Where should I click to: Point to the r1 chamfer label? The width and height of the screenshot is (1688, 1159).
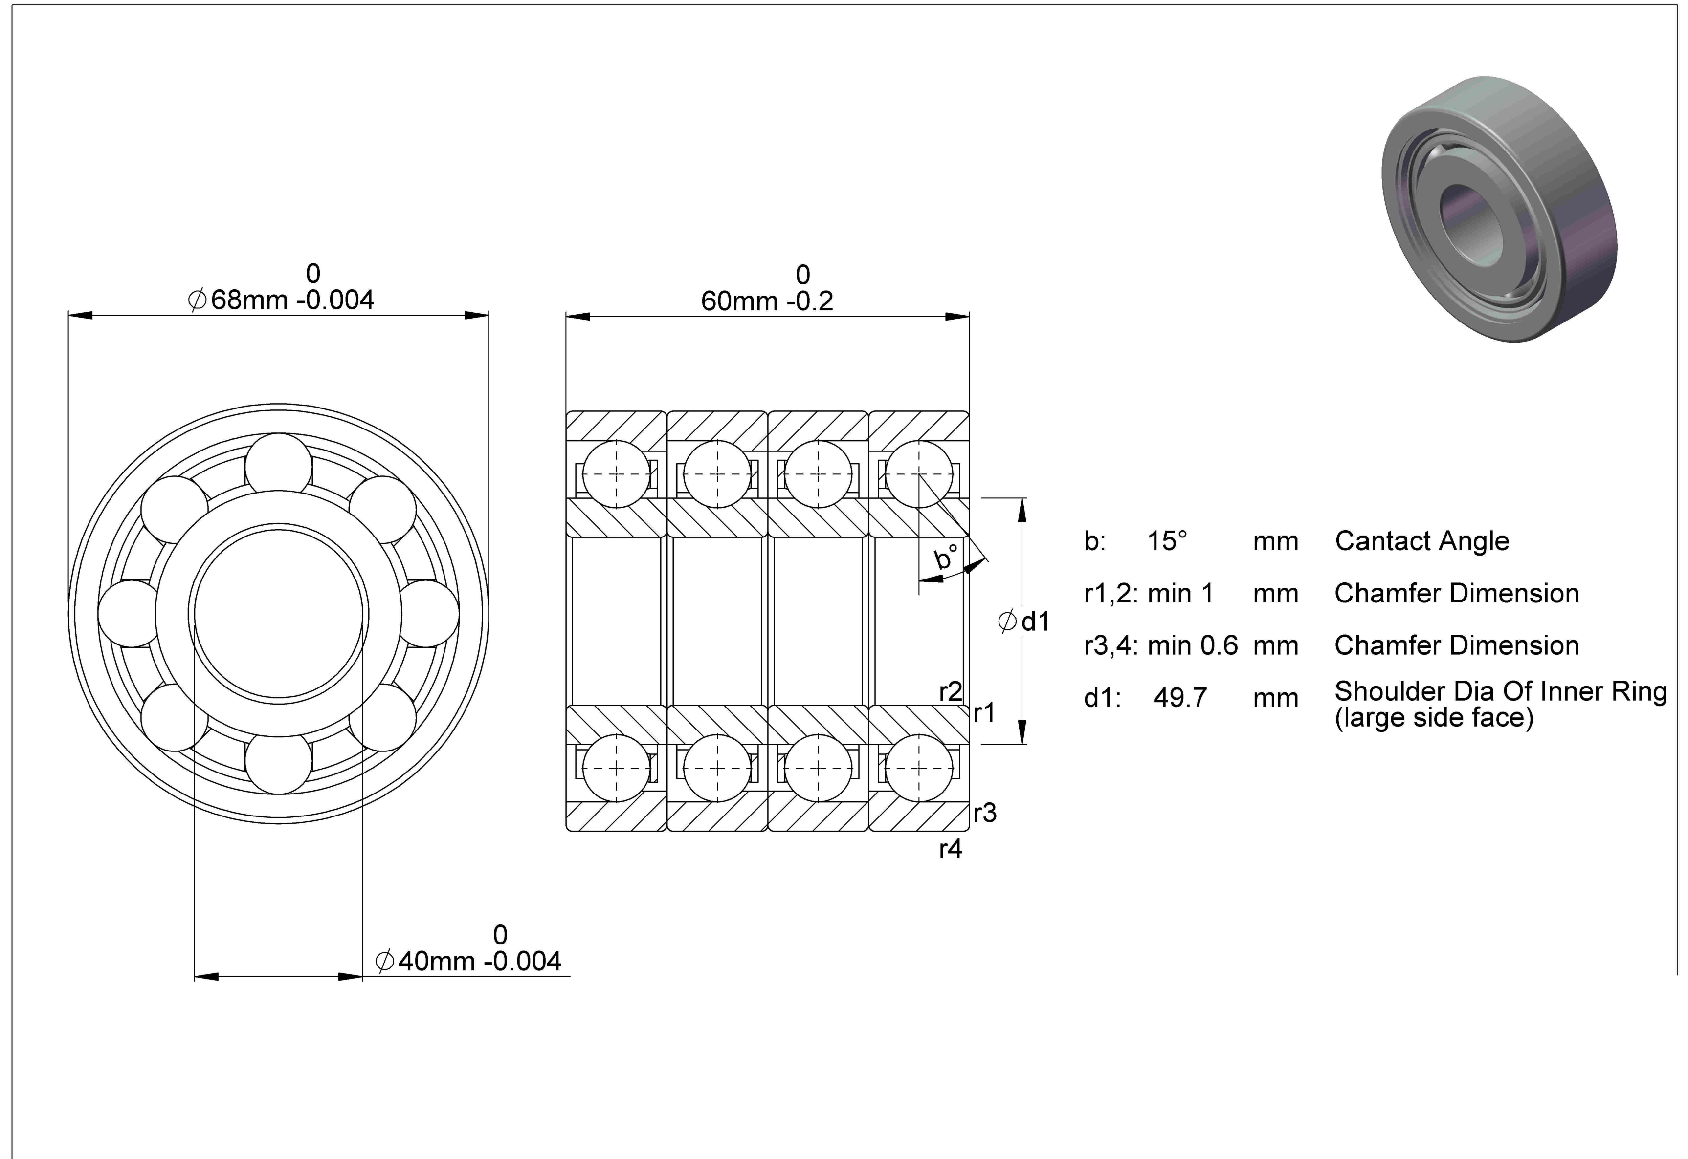tap(985, 713)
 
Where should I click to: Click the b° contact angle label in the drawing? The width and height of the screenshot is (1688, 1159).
tap(946, 556)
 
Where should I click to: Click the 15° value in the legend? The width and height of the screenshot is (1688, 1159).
tap(1167, 541)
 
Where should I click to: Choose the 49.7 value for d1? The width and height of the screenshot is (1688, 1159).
tap(1180, 698)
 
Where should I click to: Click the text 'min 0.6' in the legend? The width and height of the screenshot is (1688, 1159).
tap(1193, 645)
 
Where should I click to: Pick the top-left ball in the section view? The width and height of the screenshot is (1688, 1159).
tap(616, 473)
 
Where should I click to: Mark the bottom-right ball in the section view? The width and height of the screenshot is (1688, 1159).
tap(919, 768)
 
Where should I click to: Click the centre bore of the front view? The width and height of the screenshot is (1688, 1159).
tap(278, 614)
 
